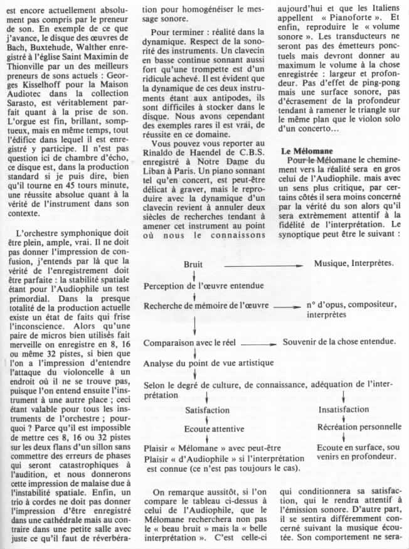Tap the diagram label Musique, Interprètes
[355, 264]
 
